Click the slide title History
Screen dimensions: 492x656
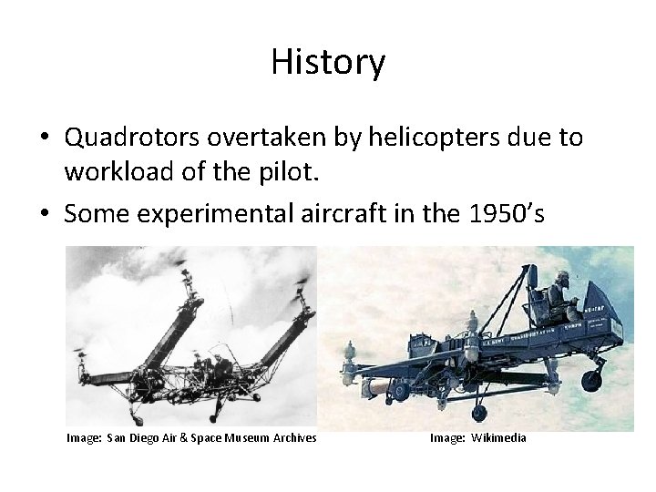[328, 63]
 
